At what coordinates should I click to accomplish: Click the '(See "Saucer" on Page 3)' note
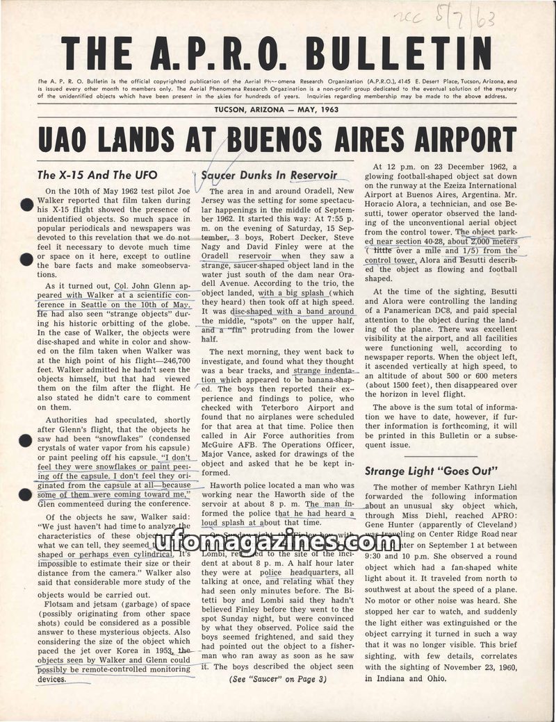(277, 680)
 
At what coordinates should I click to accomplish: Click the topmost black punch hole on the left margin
(26, 205)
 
